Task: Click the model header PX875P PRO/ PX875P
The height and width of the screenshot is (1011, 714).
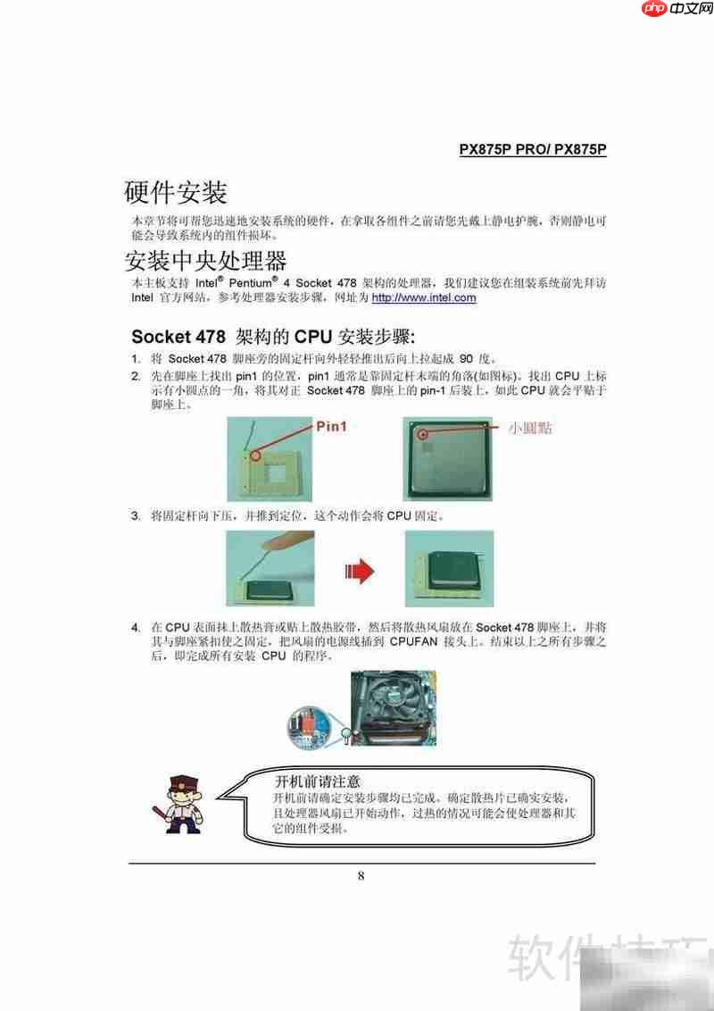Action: click(x=533, y=150)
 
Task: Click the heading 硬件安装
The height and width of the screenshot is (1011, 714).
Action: click(x=176, y=192)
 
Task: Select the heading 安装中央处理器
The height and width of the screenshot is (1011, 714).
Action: click(x=205, y=261)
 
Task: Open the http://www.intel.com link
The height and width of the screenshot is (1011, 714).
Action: click(x=424, y=297)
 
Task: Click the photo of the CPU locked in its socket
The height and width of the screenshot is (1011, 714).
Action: click(x=449, y=569)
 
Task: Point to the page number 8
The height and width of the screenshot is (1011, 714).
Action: click(x=361, y=875)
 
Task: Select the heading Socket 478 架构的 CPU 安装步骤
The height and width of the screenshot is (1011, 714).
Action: click(x=273, y=337)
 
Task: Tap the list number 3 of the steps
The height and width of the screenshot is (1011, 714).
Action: click(x=136, y=516)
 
